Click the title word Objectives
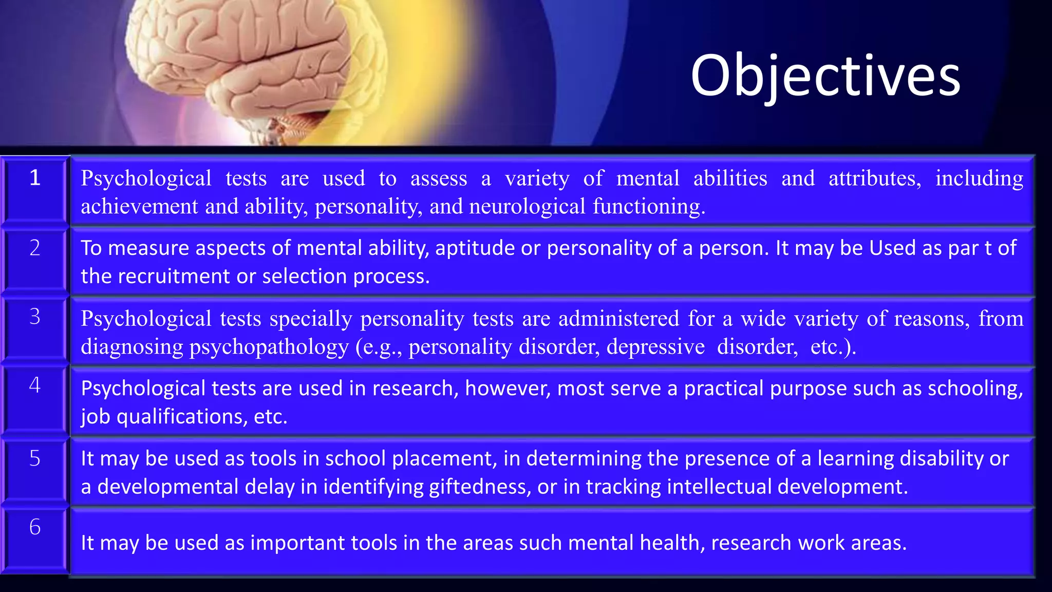825,76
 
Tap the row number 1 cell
34,178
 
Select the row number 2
34,248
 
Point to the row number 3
34,317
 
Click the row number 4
34,385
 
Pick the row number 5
34,458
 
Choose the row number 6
34,527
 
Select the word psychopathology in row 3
269,347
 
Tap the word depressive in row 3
655,347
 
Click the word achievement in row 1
139,207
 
